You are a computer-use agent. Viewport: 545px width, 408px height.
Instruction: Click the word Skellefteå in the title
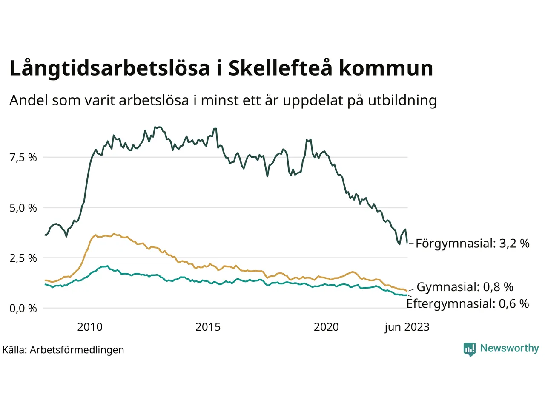280,68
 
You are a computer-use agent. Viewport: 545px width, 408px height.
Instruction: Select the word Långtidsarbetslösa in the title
110,69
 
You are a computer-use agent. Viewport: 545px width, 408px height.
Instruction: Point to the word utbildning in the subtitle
402,100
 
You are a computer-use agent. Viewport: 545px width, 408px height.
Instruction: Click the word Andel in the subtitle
29,100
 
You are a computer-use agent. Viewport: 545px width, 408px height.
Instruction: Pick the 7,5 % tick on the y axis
23,158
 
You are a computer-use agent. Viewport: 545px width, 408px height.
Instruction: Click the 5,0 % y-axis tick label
23,208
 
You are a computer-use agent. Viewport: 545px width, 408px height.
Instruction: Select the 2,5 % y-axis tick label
23,258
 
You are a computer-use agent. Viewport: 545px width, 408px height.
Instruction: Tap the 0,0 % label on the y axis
23,308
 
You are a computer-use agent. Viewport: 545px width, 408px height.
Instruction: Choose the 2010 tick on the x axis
90,327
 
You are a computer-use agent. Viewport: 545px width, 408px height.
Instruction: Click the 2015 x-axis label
208,327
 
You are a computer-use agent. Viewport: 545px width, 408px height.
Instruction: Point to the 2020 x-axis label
326,327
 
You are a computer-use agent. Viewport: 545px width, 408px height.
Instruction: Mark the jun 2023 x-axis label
407,327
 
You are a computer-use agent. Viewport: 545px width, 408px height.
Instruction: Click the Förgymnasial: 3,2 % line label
472,244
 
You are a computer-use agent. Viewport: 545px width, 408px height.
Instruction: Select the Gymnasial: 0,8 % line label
465,287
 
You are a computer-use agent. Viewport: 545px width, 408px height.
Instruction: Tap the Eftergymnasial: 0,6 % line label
468,303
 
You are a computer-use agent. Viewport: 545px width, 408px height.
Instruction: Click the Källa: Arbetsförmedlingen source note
63,350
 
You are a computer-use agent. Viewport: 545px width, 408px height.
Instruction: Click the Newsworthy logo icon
470,349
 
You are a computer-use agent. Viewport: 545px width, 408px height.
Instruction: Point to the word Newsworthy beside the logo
509,348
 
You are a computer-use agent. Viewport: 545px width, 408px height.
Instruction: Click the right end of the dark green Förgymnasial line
407,243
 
